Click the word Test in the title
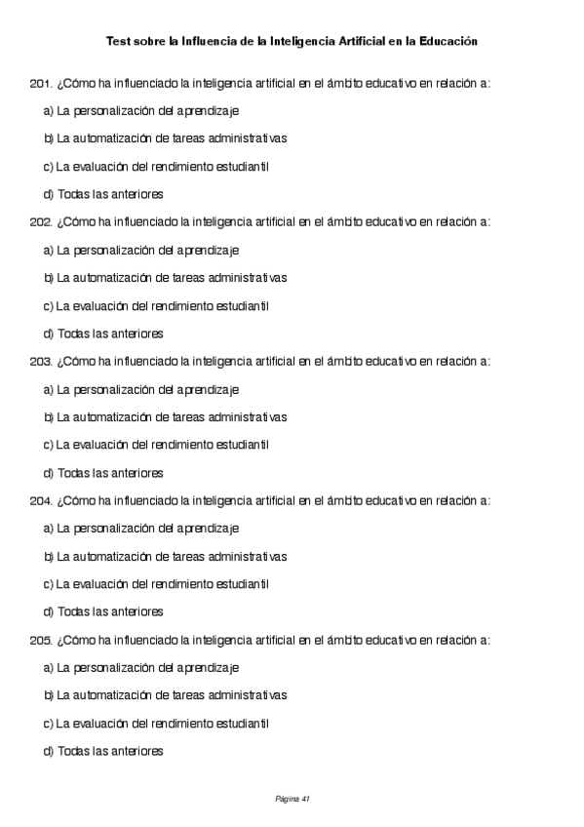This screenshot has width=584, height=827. coord(117,42)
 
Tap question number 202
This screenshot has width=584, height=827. coord(41,221)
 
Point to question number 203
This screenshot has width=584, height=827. coord(41,361)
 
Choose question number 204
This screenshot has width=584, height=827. coord(41,500)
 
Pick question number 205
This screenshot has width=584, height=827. coord(41,640)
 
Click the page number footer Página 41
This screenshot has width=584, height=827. coord(292,799)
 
